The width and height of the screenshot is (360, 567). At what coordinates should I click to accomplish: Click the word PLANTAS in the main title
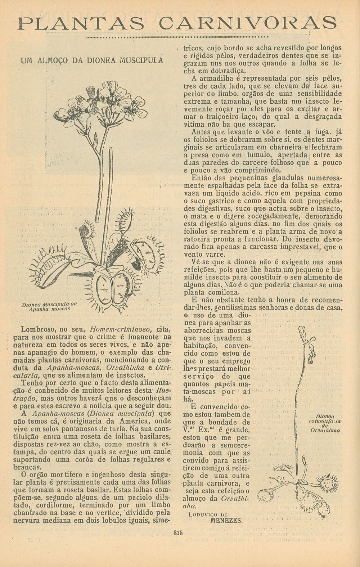click(x=81, y=24)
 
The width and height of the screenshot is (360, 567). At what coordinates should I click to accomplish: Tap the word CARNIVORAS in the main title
click(x=248, y=24)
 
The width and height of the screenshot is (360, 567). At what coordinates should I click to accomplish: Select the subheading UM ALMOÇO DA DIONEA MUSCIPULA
click(x=92, y=60)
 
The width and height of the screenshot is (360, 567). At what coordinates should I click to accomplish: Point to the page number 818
click(x=178, y=533)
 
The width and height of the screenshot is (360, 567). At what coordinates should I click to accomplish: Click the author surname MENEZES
click(x=226, y=520)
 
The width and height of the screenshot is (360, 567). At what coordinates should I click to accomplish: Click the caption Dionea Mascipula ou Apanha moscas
click(x=50, y=306)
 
